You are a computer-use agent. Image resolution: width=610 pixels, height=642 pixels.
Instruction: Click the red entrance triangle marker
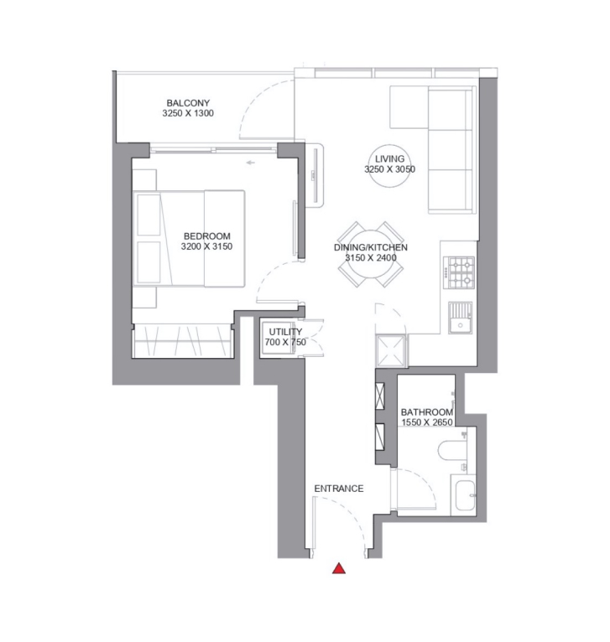point(339,569)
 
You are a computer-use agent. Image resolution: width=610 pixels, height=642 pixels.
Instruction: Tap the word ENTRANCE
point(339,489)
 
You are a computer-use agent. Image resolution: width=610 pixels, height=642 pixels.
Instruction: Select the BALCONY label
point(188,103)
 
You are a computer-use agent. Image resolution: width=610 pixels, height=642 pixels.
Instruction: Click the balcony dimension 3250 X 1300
point(188,113)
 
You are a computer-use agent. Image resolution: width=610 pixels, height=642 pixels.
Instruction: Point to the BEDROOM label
point(207,236)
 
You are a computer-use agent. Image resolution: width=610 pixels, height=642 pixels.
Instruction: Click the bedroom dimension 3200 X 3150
point(206,246)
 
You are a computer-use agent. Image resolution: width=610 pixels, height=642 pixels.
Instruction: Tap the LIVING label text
point(390,159)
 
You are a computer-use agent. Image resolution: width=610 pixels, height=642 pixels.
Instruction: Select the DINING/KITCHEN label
point(371,247)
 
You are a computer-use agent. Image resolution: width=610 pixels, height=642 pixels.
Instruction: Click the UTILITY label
point(285,332)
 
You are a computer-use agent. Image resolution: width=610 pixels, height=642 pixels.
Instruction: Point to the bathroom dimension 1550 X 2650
point(427,422)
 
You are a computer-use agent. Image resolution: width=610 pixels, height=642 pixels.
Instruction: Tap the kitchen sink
point(461,318)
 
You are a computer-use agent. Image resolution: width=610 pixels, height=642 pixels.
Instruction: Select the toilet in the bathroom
point(452,450)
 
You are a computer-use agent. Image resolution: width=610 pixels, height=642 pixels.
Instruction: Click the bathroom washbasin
point(465,495)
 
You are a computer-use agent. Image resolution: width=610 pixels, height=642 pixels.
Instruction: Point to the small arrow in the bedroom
point(251,163)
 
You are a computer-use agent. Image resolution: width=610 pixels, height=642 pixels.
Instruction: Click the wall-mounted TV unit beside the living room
point(315,175)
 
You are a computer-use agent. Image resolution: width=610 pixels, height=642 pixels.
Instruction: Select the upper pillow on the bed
point(149,215)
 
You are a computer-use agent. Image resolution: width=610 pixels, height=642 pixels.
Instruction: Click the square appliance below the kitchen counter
point(391,350)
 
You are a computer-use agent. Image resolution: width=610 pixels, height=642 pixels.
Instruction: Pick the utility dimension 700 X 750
point(285,342)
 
